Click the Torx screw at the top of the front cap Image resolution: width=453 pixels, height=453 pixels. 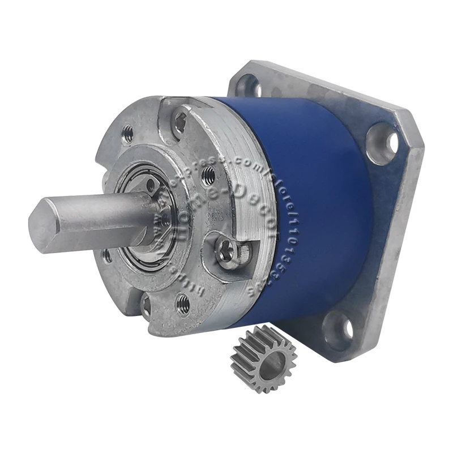pyautogui.click(x=180, y=119)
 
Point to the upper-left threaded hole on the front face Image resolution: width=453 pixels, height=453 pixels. pyautogui.click(x=129, y=134)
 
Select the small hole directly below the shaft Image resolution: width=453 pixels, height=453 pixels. pyautogui.click(x=108, y=256)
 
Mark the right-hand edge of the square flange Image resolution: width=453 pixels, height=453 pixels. pyautogui.click(x=405, y=238)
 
